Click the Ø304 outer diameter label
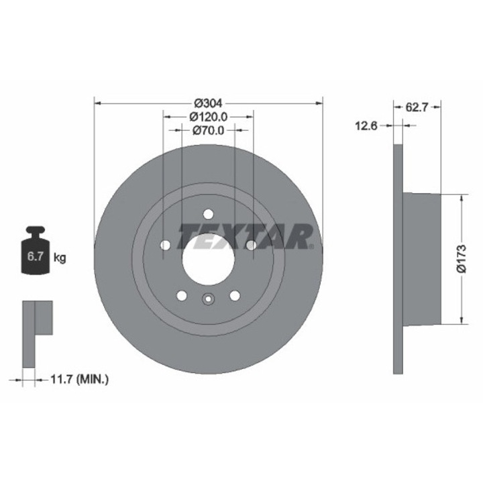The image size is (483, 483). (208, 103)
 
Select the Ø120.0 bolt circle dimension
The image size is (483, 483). (208, 117)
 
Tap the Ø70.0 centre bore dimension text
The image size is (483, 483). (208, 130)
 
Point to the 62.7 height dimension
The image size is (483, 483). (418, 106)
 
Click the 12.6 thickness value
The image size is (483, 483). (367, 125)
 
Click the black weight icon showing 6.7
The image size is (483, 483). (38, 252)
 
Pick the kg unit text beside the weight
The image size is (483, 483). (60, 258)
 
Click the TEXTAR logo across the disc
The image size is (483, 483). (246, 236)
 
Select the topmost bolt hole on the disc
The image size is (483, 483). (208, 214)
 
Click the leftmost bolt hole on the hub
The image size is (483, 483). (165, 246)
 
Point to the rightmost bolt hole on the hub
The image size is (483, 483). (251, 246)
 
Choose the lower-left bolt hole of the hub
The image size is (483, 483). (181, 295)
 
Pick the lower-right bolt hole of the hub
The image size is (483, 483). (235, 295)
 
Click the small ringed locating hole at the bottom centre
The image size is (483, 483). (208, 301)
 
